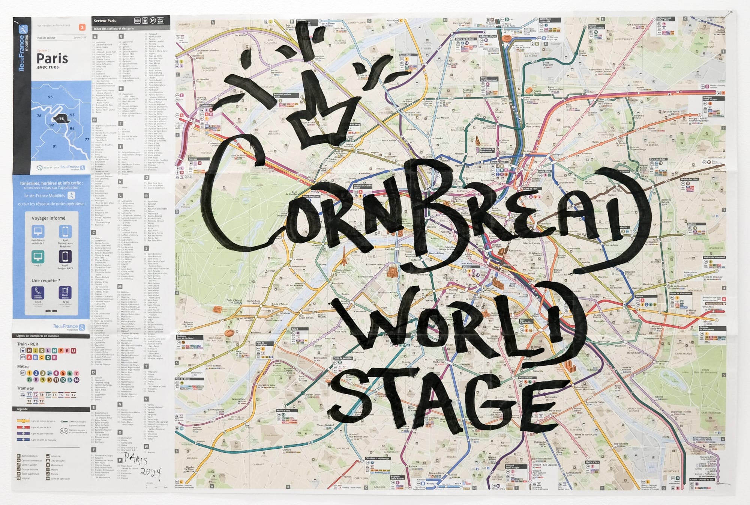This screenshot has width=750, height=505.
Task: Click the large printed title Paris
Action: coord(52,59)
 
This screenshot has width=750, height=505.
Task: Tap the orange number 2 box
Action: coord(82,27)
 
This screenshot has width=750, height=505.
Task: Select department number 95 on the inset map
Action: coord(50,97)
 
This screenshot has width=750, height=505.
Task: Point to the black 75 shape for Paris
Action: coord(61,119)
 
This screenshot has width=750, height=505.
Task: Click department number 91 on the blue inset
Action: coord(55,146)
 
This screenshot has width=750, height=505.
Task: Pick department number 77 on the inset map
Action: coord(87,139)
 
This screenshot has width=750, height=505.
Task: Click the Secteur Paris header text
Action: coord(105,21)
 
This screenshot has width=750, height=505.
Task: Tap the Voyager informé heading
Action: coord(48,218)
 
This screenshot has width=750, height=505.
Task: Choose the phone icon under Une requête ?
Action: coord(38,292)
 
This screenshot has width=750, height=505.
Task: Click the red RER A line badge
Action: coord(29,357)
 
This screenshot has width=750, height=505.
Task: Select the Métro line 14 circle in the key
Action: coord(76,380)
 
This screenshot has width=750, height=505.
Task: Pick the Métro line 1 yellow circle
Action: coord(29,373)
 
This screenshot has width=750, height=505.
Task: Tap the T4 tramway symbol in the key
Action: coord(55,395)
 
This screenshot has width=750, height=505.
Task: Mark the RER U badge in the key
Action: coord(73,351)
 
